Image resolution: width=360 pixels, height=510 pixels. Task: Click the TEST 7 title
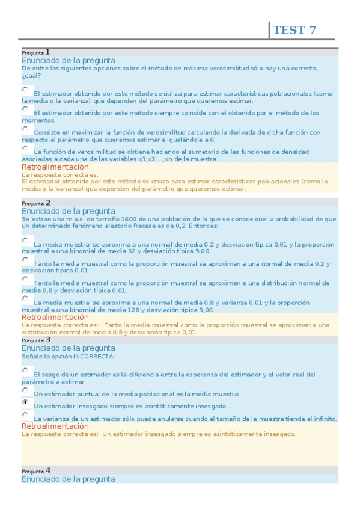294,30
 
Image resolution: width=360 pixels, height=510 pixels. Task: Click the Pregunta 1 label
35,52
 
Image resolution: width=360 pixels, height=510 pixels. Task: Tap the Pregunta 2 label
35,203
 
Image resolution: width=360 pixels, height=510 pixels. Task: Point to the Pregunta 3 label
35,340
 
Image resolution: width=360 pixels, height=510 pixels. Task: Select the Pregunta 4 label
35,470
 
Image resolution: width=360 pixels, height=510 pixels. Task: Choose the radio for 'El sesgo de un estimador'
25,370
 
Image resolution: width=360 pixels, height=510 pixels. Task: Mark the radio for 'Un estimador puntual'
25,390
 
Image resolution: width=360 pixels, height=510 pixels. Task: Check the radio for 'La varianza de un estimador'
25,414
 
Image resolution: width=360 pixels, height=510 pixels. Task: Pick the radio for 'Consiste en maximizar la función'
25,128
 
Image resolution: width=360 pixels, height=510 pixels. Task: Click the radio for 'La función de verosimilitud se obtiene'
25,147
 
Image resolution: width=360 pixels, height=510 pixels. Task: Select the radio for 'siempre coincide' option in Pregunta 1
25,109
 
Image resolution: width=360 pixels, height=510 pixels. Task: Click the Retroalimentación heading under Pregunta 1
55,167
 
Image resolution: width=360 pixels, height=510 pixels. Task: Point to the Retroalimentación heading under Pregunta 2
55,317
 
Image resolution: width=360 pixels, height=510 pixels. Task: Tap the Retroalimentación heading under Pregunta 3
55,426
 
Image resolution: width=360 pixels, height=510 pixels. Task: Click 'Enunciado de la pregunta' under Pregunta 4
69,479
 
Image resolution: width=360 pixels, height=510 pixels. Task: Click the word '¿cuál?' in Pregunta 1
31,76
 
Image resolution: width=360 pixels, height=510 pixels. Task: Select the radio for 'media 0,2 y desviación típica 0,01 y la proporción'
25,240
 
